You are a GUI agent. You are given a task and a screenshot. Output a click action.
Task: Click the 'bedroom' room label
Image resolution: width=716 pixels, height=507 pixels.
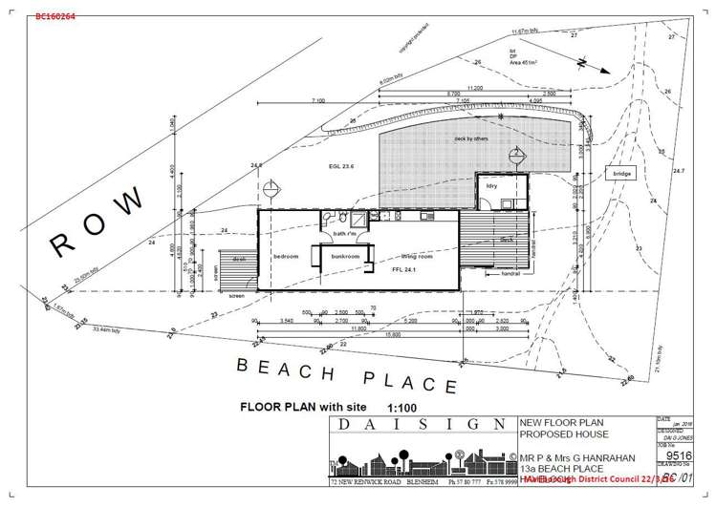point(286,256)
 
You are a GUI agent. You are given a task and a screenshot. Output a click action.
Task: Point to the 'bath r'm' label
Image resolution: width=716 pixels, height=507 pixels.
point(345,233)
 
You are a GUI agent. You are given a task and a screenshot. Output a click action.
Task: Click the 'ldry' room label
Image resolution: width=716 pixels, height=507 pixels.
point(491,185)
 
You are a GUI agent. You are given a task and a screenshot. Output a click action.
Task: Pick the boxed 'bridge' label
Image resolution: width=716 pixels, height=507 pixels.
point(623,174)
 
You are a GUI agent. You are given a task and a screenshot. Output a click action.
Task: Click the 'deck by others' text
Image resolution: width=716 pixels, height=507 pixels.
point(471,139)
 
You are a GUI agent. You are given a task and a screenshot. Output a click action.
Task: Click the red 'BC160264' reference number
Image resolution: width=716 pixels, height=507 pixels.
point(55,16)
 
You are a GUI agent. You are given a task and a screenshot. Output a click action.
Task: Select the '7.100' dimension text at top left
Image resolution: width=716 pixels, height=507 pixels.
point(318,100)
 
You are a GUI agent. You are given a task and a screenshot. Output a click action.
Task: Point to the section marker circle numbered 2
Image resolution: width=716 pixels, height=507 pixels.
point(515,154)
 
